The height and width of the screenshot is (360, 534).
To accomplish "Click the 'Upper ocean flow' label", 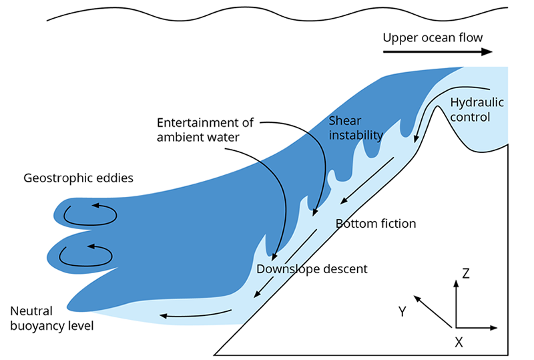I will (x=432, y=37).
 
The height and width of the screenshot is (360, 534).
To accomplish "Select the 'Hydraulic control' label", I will (x=477, y=110).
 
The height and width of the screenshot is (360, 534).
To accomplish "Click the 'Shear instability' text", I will (x=356, y=128).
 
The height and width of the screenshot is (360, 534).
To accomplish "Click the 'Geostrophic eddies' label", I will (x=79, y=178).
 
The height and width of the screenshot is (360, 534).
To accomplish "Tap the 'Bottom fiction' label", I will (x=375, y=224).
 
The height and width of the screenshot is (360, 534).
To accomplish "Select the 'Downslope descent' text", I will (x=312, y=269).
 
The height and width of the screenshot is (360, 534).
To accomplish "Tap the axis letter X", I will (x=459, y=342).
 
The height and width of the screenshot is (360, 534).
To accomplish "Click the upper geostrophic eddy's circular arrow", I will (x=90, y=214).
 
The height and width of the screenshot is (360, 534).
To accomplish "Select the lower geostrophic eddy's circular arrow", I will (x=87, y=254).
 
